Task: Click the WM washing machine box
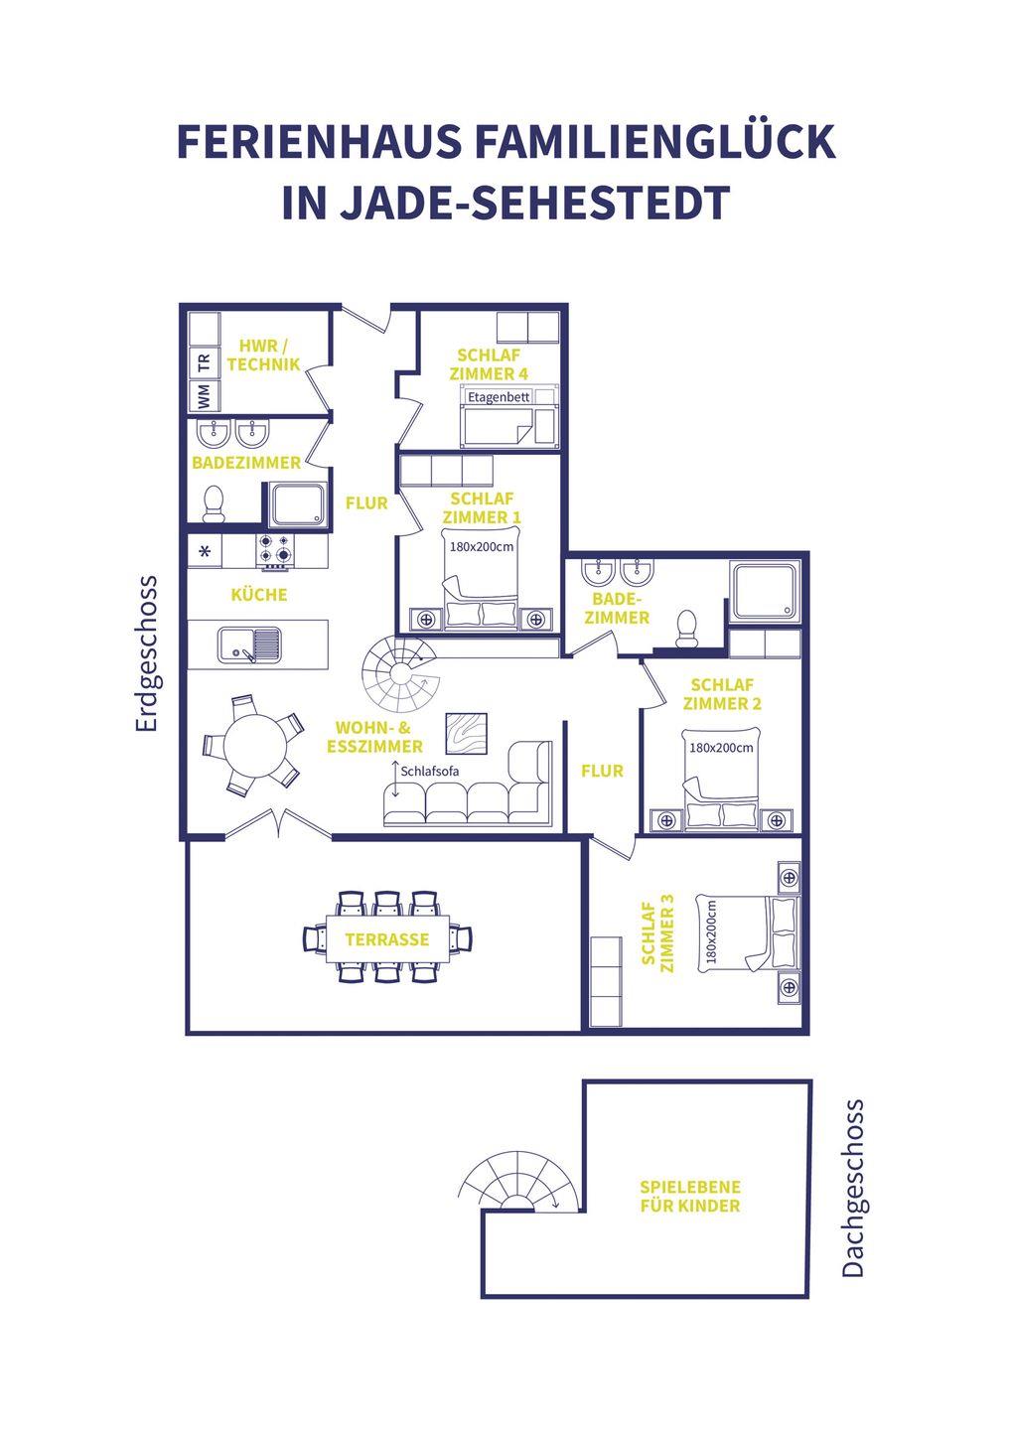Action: point(205,395)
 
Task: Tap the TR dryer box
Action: point(205,363)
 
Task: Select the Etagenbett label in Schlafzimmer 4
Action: point(499,397)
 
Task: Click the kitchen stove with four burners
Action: point(276,551)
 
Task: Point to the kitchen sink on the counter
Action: point(249,644)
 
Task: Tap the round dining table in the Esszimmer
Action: point(255,745)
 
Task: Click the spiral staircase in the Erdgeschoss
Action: point(400,675)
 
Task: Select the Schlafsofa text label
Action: point(430,772)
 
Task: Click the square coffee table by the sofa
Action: point(466,734)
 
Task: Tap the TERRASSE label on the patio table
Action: point(386,939)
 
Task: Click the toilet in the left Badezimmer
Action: point(214,503)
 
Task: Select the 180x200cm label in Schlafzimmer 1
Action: point(482,546)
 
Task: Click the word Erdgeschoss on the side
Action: point(147,653)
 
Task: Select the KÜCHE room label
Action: point(259,595)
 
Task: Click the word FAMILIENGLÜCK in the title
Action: point(654,142)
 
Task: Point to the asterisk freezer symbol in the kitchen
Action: point(205,551)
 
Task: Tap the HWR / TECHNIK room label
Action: point(263,356)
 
